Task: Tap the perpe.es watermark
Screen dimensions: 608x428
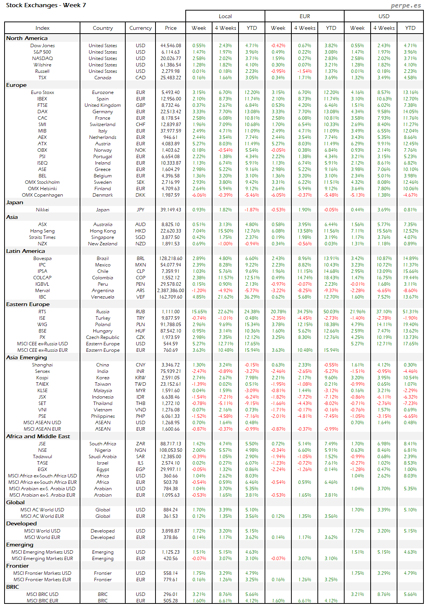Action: click(406, 5)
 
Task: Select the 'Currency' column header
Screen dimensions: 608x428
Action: click(140, 28)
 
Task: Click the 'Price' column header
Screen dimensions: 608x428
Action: click(171, 28)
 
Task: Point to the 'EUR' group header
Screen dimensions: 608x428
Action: click(305, 16)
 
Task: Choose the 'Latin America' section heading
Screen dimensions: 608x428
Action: click(25, 251)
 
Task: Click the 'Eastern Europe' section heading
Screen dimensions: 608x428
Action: click(28, 304)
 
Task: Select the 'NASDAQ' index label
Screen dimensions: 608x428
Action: click(42, 58)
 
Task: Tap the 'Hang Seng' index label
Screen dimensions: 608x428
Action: click(42, 231)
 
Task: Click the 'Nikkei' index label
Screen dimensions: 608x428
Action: click(42, 210)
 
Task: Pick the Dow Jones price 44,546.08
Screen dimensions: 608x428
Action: click(171, 46)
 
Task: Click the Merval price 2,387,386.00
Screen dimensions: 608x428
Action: click(171, 291)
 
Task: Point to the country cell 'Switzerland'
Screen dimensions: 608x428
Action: click(103, 125)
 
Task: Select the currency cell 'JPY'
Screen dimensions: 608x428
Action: click(140, 210)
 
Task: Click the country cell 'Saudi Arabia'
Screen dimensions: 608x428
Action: click(103, 457)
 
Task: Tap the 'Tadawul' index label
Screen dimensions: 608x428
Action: click(42, 457)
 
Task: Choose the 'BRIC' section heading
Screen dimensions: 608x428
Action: click(12, 587)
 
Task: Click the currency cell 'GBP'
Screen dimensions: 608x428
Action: click(140, 105)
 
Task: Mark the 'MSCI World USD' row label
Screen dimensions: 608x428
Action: click(42, 531)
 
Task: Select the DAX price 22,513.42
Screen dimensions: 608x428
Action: click(171, 112)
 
